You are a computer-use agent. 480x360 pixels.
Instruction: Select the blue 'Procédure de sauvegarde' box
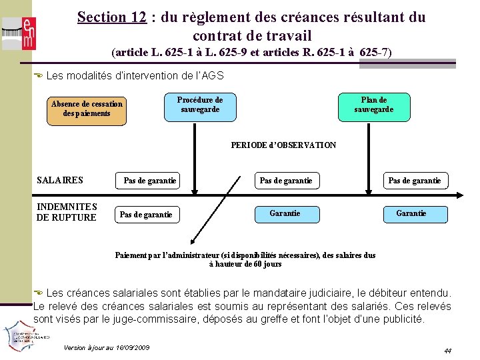(x=200, y=105)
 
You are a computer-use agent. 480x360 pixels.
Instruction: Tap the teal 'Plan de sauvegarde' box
(x=373, y=105)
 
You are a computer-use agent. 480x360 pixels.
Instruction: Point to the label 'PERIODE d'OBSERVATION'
(x=283, y=145)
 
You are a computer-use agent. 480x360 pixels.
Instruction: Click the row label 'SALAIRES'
(x=60, y=180)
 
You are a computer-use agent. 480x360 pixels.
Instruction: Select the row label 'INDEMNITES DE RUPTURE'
(x=67, y=212)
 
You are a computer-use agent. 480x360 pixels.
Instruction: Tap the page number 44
(x=447, y=350)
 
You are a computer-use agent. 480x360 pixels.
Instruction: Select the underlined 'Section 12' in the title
(x=111, y=17)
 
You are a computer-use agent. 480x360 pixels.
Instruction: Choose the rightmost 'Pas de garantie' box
(x=414, y=181)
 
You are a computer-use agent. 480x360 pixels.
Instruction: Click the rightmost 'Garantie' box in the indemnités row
(x=411, y=213)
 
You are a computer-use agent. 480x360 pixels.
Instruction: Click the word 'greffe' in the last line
(x=284, y=319)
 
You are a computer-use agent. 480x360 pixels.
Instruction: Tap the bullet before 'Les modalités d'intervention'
(x=39, y=76)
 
